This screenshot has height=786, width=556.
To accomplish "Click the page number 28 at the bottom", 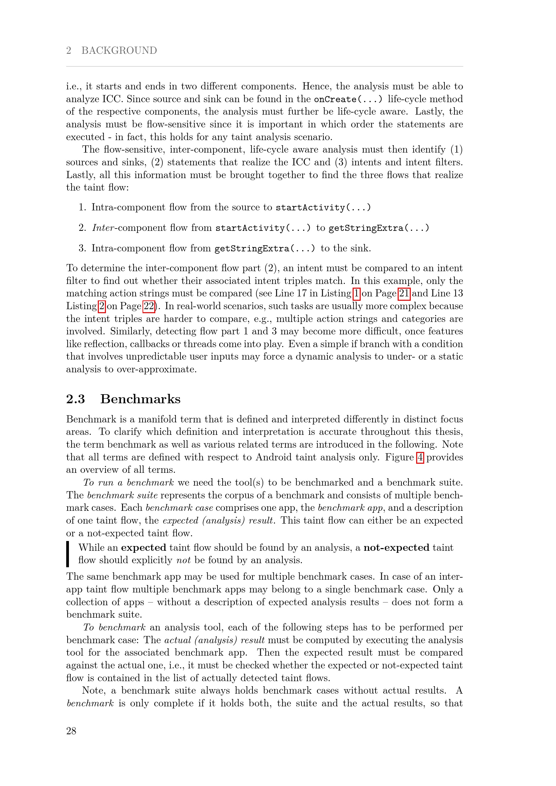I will tap(71, 731).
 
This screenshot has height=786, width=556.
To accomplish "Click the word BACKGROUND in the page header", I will tap(119, 50).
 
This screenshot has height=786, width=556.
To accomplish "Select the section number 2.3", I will tap(75, 399).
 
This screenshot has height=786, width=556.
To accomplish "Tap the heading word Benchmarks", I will tap(141, 399).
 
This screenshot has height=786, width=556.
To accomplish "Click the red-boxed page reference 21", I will tap(404, 293).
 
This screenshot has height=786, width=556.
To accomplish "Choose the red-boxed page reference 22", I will tap(149, 306).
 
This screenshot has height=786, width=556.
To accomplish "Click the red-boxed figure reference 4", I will tap(420, 457).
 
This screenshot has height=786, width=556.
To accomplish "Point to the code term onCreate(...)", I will tap(348, 99).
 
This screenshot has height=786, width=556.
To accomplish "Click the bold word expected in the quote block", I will tap(144, 548).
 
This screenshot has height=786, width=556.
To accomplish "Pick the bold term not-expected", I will tap(396, 548).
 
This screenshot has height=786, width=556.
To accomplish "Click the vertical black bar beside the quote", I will tap(68, 554).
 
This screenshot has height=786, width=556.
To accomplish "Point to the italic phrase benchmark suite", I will tap(122, 495).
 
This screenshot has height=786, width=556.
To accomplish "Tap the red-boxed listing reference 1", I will tap(357, 293).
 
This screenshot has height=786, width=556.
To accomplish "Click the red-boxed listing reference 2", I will tap(102, 306).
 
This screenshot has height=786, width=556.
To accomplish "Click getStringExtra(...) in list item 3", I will tap(265, 249).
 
